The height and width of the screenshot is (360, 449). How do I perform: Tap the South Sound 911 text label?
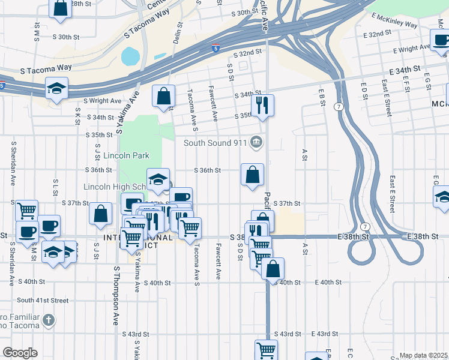click(x=215, y=142)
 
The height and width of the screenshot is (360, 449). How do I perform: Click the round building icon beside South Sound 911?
click(x=256, y=142)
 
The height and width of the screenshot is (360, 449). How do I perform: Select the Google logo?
click(x=20, y=353)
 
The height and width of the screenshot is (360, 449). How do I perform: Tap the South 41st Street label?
click(x=43, y=300)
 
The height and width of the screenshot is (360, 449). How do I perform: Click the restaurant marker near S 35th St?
click(x=262, y=105)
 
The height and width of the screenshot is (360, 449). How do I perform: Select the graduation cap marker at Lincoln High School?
click(x=158, y=179)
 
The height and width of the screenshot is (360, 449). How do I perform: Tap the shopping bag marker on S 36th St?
click(x=253, y=175)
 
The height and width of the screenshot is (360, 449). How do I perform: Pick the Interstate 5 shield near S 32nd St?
click(x=215, y=48)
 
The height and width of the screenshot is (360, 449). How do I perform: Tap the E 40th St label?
click(x=327, y=282)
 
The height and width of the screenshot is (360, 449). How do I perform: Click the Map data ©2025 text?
click(x=423, y=355)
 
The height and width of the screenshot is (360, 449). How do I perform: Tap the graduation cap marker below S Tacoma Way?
click(x=56, y=88)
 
